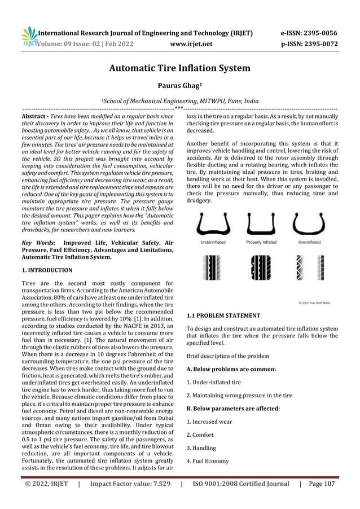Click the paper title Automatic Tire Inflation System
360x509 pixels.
(180, 69)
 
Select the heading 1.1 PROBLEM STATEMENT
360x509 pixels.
(223, 315)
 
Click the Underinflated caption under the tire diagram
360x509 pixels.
(213, 242)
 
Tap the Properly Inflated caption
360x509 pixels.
(261, 242)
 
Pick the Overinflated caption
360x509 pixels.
(310, 242)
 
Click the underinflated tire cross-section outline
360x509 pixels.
(213, 225)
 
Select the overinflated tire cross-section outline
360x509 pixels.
(310, 224)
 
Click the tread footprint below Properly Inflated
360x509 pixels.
(261, 265)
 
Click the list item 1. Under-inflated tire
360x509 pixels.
(215, 382)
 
